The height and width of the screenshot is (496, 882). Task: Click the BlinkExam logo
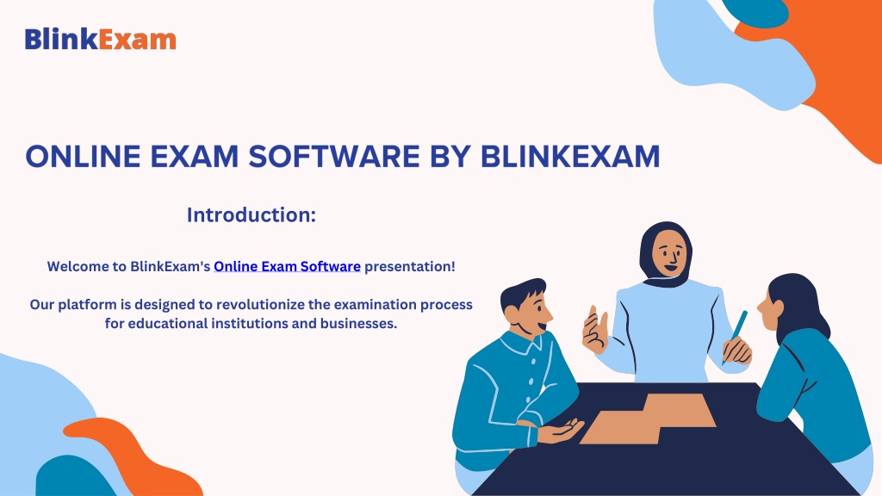click(100, 40)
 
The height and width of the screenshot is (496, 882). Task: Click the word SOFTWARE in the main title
click(334, 157)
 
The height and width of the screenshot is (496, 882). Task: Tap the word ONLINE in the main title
click(84, 157)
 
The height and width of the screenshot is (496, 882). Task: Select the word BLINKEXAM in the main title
click(570, 157)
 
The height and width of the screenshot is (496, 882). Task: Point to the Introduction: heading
click(252, 214)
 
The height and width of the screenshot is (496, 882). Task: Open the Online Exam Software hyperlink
click(287, 267)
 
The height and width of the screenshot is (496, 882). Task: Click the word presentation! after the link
click(410, 267)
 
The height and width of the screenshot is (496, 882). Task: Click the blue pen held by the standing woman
click(736, 337)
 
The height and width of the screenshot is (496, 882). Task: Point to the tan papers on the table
click(648, 419)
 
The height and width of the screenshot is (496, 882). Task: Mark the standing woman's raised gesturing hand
click(594, 331)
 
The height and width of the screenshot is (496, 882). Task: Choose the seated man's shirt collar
click(521, 343)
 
